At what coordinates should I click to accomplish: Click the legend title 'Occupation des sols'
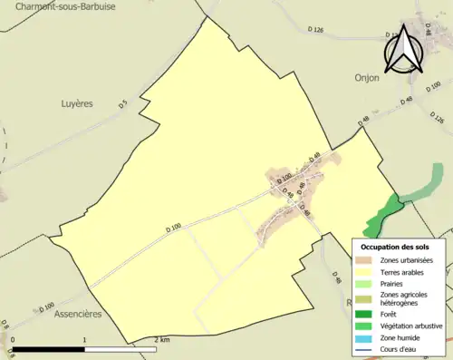pyautogui.click(x=395, y=246)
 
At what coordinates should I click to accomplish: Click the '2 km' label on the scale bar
pyautogui.click(x=161, y=340)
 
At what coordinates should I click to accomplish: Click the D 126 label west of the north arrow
pyautogui.click(x=316, y=30)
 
